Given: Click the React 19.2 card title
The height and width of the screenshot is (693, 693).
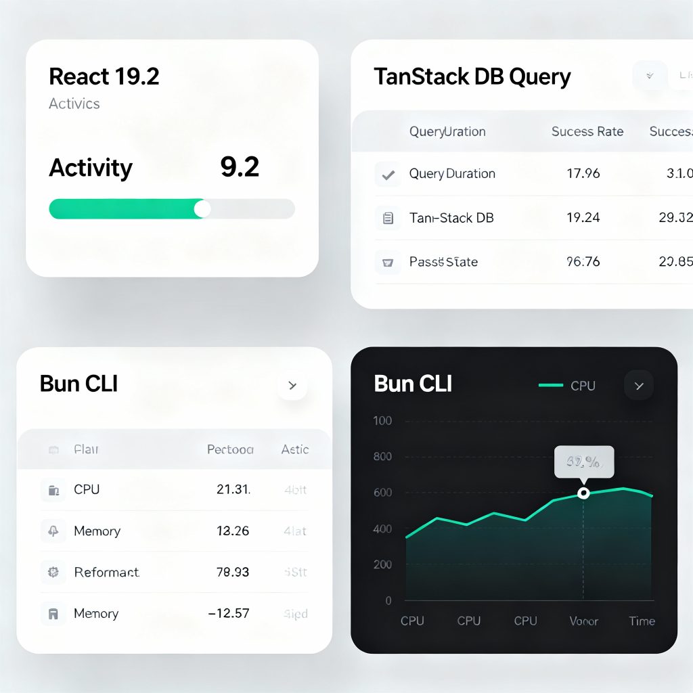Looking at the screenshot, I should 104,76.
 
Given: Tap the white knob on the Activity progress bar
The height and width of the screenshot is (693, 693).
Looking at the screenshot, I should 202,208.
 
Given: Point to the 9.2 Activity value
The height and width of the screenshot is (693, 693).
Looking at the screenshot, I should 240,167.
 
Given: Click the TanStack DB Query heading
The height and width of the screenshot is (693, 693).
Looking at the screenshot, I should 472,76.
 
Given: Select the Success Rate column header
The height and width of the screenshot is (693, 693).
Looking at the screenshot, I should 587,131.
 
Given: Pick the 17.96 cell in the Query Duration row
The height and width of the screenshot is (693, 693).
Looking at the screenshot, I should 583,173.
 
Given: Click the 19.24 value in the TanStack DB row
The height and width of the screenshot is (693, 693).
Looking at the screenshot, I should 583,217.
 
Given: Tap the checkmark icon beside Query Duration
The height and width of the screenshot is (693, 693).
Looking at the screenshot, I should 388,175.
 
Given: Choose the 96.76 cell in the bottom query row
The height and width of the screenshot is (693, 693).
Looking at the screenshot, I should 583,261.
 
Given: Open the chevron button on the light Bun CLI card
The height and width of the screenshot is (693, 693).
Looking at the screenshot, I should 292,386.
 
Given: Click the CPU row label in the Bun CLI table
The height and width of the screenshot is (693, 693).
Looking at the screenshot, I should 87,489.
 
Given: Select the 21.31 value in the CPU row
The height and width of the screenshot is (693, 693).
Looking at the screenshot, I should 233,489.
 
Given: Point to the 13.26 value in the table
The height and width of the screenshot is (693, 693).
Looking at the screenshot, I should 233,531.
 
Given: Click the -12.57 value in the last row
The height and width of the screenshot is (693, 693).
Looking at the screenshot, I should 229,614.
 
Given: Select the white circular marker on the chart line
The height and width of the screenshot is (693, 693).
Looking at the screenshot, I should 583,493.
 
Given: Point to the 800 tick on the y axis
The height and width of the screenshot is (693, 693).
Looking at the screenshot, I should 382,457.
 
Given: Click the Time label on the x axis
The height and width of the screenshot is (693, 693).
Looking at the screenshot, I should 642,621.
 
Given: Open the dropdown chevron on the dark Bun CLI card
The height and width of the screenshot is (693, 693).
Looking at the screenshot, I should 638,386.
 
